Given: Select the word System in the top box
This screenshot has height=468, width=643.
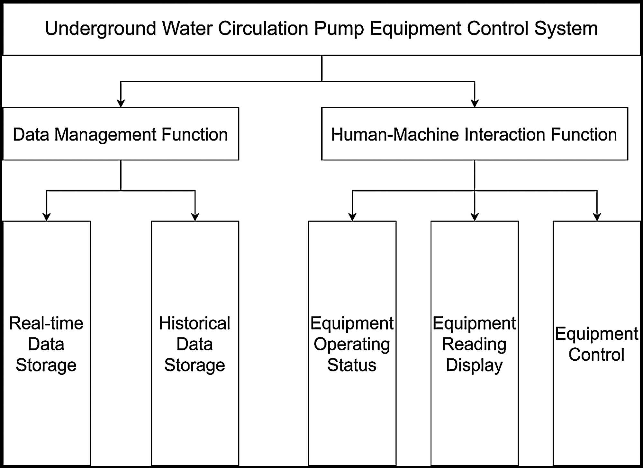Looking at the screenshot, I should tap(566, 29).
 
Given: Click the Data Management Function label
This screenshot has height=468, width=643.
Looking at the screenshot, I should tap(120, 134).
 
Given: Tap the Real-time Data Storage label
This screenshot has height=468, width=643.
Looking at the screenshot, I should tap(46, 344).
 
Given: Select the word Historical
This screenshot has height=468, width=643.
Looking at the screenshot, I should tap(195, 323).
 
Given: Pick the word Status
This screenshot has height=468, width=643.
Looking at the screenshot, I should tap(352, 365).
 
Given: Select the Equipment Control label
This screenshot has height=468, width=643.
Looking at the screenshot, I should tap(596, 344).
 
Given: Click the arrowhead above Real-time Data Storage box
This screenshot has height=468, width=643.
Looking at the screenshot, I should tap(47, 217).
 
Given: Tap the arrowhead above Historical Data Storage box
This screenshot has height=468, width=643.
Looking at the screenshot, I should tap(195, 217).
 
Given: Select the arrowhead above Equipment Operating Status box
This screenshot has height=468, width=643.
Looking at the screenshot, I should tap(352, 217).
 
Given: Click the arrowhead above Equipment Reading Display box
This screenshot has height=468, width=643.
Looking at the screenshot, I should tap(475, 217).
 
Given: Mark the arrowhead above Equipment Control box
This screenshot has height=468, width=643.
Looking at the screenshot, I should tap(597, 217).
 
